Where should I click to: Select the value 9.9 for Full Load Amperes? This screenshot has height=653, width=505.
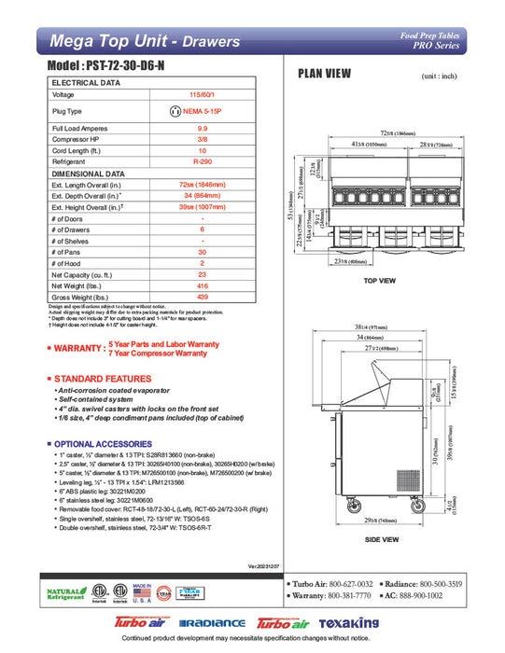tap(202, 127)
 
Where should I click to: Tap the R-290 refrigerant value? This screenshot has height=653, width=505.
tap(202, 160)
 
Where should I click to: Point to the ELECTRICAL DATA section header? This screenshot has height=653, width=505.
tap(86, 83)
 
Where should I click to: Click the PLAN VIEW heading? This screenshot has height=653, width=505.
tap(324, 75)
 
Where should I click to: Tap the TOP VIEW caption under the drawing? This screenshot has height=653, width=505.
tap(381, 280)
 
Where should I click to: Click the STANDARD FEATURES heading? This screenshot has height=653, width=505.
tap(103, 379)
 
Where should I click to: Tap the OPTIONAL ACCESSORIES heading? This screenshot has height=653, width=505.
tap(105, 443)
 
